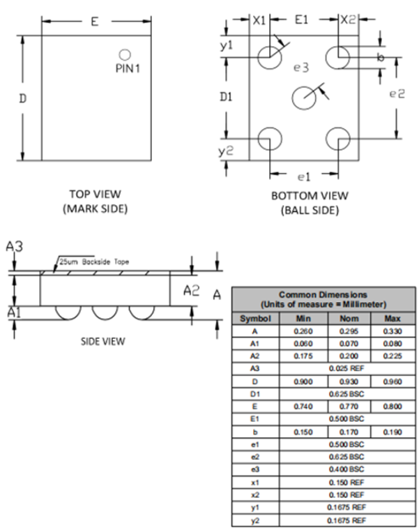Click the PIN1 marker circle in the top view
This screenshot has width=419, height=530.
click(124, 54)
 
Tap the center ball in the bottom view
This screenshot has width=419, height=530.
click(304, 98)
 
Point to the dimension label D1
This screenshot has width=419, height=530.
click(226, 97)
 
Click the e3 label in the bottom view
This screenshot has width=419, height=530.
click(301, 68)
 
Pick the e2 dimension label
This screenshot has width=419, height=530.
click(397, 93)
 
